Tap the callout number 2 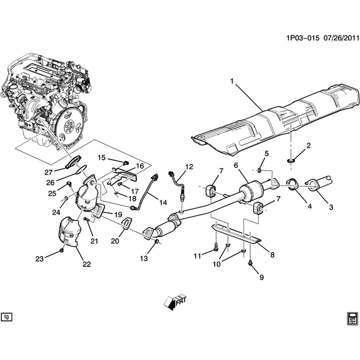309,146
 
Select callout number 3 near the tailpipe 329,208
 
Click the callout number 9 262,277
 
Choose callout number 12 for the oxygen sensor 189,166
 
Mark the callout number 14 163,202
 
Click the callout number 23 40,259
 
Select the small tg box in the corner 7,316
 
